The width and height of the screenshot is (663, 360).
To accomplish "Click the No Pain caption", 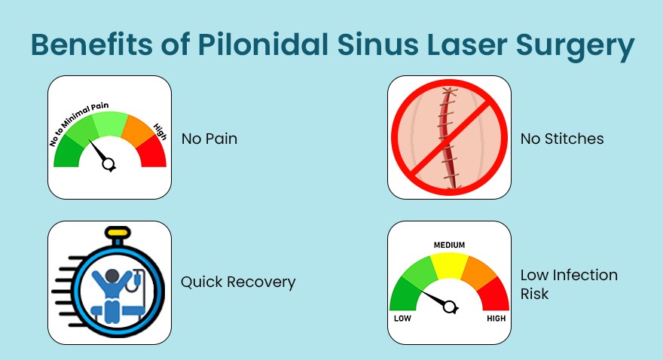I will coord(209,139).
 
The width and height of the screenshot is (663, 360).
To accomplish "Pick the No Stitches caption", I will coord(562,139).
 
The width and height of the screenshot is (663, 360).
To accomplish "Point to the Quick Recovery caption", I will coord(238,282).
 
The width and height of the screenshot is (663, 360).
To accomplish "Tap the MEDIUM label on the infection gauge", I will coord(449,246).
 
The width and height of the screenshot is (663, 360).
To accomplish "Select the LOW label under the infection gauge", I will coord(402,319).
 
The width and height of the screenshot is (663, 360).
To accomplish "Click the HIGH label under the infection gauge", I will coord(496,319).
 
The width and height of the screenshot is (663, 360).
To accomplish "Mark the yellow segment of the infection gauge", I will coord(449,267).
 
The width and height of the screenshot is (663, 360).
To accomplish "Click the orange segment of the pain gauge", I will coord(136,128).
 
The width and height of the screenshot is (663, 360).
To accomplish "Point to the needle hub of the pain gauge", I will coord(109,163).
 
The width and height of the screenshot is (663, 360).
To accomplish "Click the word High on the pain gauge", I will coord(160,129).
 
